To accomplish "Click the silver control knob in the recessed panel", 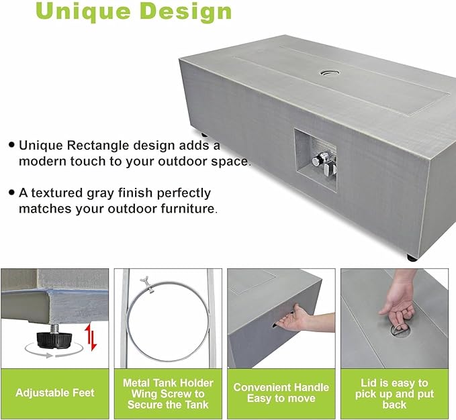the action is click(319, 160).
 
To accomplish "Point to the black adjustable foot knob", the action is click(54, 339).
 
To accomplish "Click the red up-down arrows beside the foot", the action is click(90, 337).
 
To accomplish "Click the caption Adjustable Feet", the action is click(54, 392).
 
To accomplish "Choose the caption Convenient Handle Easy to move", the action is click(281, 392).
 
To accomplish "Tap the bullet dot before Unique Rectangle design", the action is click(11, 144).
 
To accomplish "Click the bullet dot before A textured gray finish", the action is click(11, 192).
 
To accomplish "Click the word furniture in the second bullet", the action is click(187, 209).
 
